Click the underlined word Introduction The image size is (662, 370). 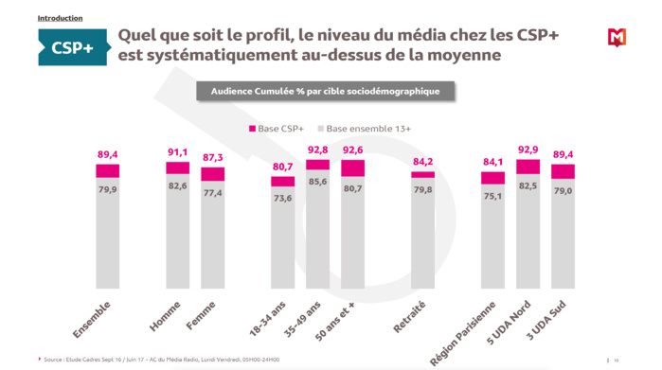pos(60,18)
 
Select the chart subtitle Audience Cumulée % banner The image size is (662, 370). pos(325,91)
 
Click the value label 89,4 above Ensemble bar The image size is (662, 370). pos(107,154)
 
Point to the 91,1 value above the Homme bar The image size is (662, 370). pos(177,151)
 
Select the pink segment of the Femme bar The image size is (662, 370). pos(212,174)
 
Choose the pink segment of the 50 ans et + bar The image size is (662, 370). pos(352,168)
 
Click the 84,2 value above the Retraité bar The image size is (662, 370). pos(422,162)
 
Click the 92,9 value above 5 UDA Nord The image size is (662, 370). pos(528,150)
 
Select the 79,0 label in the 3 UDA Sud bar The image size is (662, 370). pos(563,190)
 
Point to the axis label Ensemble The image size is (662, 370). pos(92,319)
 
